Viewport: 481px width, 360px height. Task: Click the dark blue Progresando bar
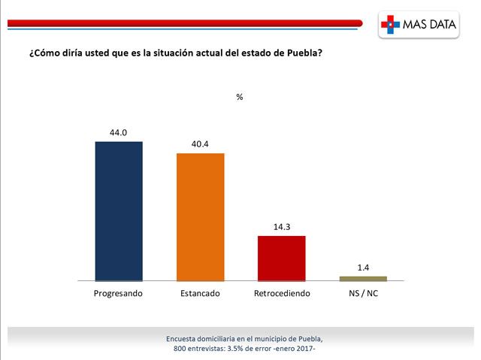point(119,210)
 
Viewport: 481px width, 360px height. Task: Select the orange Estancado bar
point(201,216)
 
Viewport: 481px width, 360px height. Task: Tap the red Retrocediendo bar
point(282,258)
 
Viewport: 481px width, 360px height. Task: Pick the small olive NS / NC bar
point(363,278)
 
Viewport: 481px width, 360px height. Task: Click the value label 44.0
point(119,132)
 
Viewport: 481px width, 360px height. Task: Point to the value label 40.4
point(201,144)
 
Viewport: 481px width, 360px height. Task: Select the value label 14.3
point(282,226)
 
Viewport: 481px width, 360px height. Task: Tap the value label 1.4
point(363,267)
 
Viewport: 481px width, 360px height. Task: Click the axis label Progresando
point(119,292)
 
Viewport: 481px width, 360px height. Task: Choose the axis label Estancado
point(201,292)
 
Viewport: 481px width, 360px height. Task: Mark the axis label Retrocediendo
point(282,292)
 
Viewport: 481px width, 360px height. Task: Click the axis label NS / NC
point(363,292)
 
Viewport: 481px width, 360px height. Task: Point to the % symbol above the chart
point(240,97)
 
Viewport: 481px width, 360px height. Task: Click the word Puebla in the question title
point(304,55)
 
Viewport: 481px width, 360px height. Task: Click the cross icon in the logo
point(389,26)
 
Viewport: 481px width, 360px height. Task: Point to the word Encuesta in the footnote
point(183,339)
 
